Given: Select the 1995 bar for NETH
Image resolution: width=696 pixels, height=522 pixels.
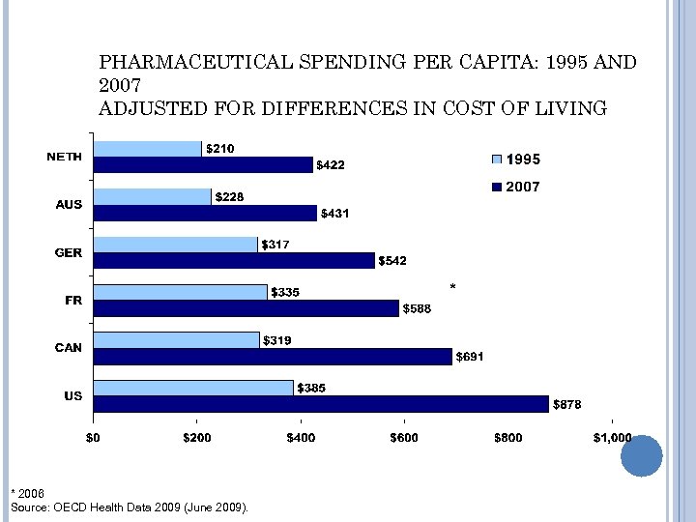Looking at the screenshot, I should (147, 149).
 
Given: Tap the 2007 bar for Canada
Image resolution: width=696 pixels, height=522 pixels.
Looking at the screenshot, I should (273, 357).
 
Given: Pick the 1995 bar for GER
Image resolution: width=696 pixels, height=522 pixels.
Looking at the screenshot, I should (175, 245).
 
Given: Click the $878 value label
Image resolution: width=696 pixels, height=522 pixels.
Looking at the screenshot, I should (566, 405).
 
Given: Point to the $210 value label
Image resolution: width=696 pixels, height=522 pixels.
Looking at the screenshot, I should (220, 149).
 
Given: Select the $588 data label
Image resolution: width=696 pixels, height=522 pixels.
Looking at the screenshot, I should (418, 308).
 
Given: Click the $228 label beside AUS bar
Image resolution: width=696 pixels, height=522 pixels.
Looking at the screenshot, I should (229, 197).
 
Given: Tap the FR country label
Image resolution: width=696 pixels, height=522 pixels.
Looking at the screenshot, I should (73, 300).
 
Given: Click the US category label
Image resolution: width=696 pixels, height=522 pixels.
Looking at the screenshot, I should (73, 396).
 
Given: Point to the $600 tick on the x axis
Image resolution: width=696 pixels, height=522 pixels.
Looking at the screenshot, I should (404, 437).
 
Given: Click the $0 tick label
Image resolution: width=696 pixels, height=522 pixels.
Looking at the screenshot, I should (93, 437).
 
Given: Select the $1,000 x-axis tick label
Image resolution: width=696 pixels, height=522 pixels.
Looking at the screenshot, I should (611, 437).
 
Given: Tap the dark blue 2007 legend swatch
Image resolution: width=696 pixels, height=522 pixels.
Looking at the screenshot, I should (498, 187).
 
